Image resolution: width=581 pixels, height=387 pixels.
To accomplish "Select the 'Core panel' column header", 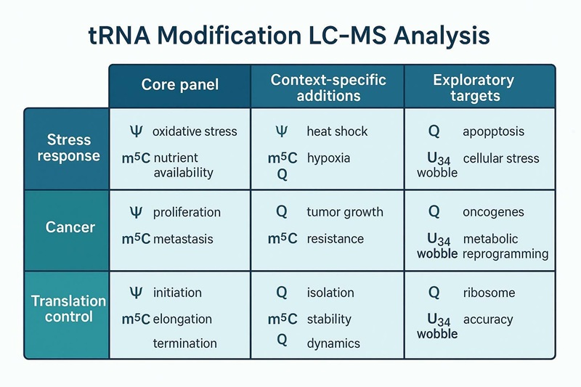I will pyautogui.click(x=179, y=85).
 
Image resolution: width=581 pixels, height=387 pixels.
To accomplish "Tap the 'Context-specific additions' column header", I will pyautogui.click(x=328, y=86).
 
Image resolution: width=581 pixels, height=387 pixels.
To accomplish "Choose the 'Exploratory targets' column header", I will pyautogui.click(x=473, y=86).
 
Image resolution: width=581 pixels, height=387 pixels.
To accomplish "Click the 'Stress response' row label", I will pyautogui.click(x=69, y=147).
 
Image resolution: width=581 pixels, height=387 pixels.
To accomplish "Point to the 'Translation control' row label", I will pyautogui.click(x=68, y=309).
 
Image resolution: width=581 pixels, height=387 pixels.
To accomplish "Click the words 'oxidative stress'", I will pyautogui.click(x=195, y=132).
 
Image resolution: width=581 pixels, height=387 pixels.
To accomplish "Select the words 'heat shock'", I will pyautogui.click(x=337, y=132).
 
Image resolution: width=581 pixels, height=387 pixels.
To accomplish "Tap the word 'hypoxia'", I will pyautogui.click(x=328, y=158).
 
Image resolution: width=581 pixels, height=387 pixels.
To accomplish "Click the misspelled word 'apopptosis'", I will pyautogui.click(x=493, y=132).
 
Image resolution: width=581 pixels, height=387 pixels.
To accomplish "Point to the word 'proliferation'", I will pyautogui.click(x=187, y=213).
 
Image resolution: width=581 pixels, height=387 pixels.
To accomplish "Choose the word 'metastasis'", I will pyautogui.click(x=184, y=239).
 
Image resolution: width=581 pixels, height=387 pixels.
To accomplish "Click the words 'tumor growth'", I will pyautogui.click(x=345, y=213).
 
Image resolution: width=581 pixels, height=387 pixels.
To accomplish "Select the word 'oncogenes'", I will pyautogui.click(x=492, y=213).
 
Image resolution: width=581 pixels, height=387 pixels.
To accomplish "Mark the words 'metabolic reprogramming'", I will pyautogui.click(x=505, y=247).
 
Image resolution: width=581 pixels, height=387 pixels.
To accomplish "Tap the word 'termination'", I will pyautogui.click(x=184, y=343).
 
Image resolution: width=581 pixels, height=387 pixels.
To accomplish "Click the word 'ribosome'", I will pyautogui.click(x=489, y=293).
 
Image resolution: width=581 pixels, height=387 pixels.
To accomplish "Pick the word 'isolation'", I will pyautogui.click(x=330, y=293).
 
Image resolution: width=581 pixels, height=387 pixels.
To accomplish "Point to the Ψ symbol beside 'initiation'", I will pyautogui.click(x=136, y=293).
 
